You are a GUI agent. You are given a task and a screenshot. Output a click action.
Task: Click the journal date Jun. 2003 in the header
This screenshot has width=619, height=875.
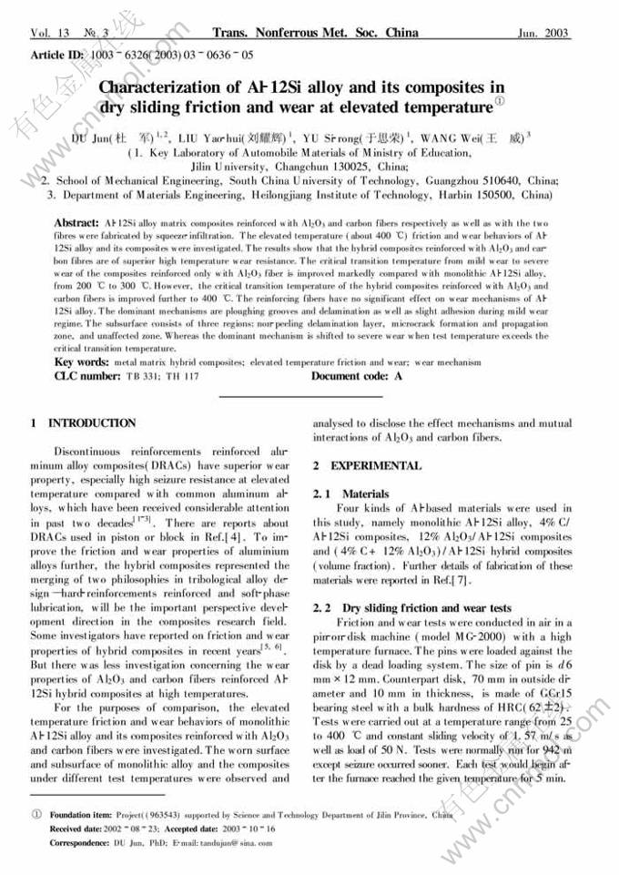click(x=543, y=34)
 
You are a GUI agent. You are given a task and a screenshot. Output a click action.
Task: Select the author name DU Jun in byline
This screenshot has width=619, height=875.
click(x=91, y=139)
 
